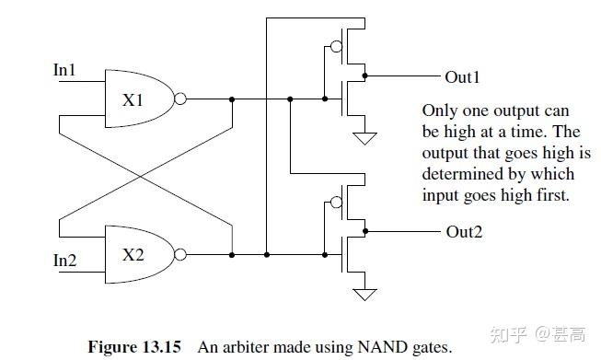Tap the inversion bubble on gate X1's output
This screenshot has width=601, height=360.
[x=180, y=99]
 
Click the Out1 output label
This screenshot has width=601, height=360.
[x=464, y=76]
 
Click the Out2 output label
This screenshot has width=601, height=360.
[x=464, y=230]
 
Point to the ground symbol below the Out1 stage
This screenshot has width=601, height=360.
[x=365, y=138]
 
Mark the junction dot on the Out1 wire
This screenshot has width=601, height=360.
[x=365, y=75]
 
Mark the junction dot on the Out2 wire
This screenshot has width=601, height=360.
[x=365, y=230]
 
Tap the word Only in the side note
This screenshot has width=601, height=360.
[x=438, y=108]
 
